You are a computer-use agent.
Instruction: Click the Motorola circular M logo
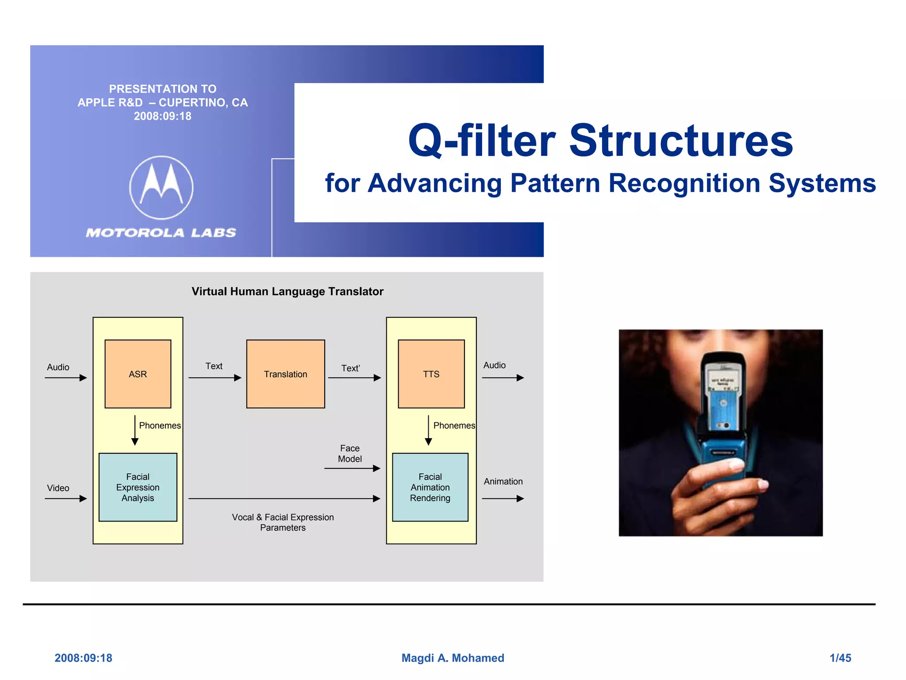coord(161,187)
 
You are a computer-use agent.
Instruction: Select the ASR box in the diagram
coord(138,374)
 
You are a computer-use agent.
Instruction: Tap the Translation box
coord(285,374)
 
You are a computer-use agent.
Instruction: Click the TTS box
coord(431,374)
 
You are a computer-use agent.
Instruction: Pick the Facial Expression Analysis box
coord(138,487)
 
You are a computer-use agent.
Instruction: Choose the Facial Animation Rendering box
coord(430,487)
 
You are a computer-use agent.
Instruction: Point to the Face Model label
coord(349,453)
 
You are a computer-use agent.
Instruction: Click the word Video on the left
coord(58,488)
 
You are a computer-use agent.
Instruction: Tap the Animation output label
coord(503,481)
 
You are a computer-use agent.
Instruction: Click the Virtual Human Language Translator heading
coord(287,291)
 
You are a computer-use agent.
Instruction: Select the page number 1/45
coord(840,658)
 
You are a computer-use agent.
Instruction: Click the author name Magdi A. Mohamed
coord(453,658)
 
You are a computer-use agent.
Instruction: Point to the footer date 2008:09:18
coord(83,658)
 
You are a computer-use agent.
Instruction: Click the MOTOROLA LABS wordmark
coord(161,232)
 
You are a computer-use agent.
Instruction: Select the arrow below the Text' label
coord(354,378)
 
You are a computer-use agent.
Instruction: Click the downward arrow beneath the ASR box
coord(135,430)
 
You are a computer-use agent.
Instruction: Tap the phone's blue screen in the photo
coord(723,407)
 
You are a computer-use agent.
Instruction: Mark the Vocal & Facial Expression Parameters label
coord(283,522)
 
